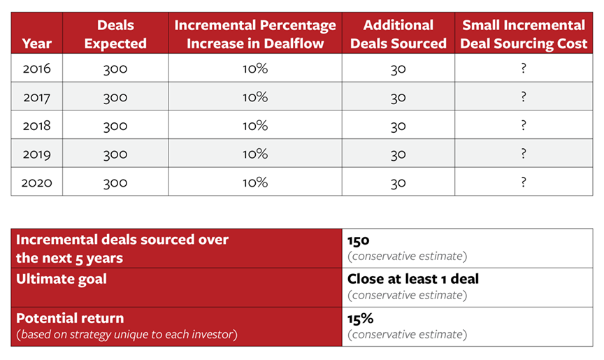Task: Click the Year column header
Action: point(36,43)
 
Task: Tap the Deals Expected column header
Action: point(115,34)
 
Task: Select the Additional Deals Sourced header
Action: point(398,34)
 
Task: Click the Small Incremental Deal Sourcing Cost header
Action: point(524,34)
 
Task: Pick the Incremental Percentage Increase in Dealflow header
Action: point(255,34)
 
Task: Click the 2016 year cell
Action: point(36,69)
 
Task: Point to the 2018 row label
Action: point(36,126)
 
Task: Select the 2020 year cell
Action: point(36,182)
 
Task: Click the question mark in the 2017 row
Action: point(524,96)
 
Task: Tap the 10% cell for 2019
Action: point(255,154)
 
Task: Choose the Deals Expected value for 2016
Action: point(115,69)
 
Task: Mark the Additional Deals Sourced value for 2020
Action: point(398,183)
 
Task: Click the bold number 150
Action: point(358,240)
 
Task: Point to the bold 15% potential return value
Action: point(360,319)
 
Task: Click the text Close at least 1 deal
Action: point(413,279)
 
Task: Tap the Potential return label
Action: point(70,319)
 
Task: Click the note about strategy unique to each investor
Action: point(127,334)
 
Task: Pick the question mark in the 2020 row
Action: point(524,182)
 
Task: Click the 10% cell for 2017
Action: point(255,97)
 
